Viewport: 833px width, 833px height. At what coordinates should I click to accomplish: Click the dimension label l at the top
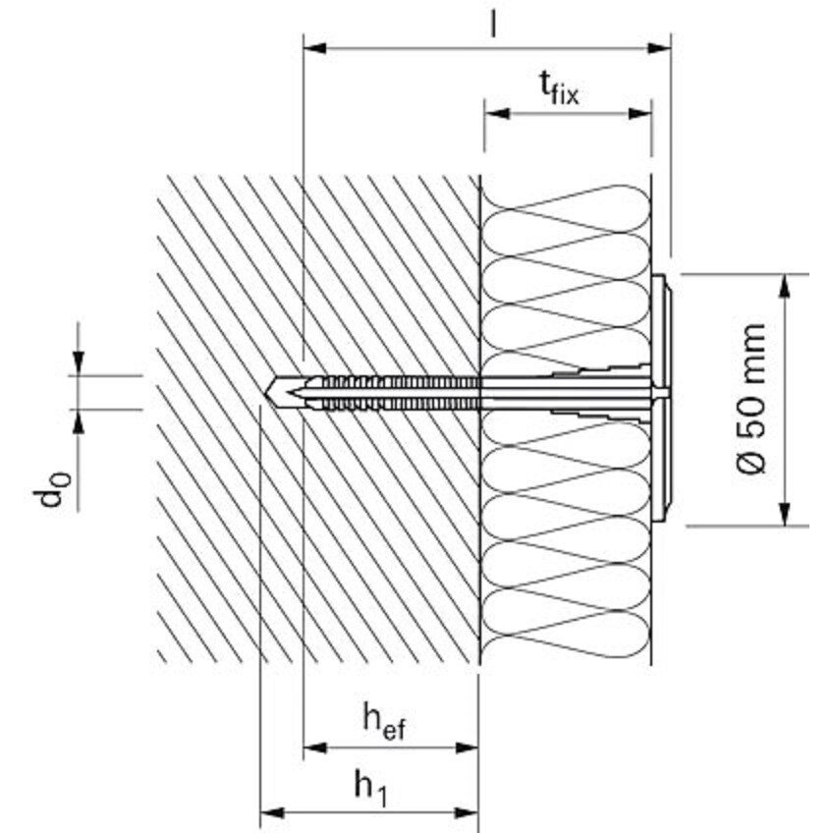click(493, 24)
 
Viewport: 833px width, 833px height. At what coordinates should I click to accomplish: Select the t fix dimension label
click(558, 88)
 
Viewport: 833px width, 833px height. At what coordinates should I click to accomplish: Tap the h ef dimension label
click(384, 720)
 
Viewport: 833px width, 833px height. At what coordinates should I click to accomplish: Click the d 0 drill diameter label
click(51, 489)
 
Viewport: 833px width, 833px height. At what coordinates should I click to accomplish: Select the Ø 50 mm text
click(751, 399)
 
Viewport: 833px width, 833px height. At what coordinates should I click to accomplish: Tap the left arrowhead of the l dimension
click(314, 48)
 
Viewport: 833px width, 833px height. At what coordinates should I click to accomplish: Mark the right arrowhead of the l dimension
click(659, 48)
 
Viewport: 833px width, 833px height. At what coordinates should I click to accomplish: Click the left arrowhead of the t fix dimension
click(496, 113)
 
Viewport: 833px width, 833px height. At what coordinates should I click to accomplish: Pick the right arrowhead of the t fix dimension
click(640, 113)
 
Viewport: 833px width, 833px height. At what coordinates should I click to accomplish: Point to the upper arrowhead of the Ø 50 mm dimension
click(785, 286)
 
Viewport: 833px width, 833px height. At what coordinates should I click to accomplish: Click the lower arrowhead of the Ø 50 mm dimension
click(785, 515)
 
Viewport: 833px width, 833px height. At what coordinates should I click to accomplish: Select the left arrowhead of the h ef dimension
click(315, 748)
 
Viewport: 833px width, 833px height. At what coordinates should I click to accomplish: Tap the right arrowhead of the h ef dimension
click(467, 748)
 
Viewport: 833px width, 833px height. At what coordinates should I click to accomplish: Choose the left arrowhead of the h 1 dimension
click(272, 812)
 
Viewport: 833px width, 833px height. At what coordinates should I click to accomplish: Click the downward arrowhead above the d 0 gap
click(79, 363)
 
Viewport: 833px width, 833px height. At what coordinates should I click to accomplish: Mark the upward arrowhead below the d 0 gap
click(79, 421)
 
